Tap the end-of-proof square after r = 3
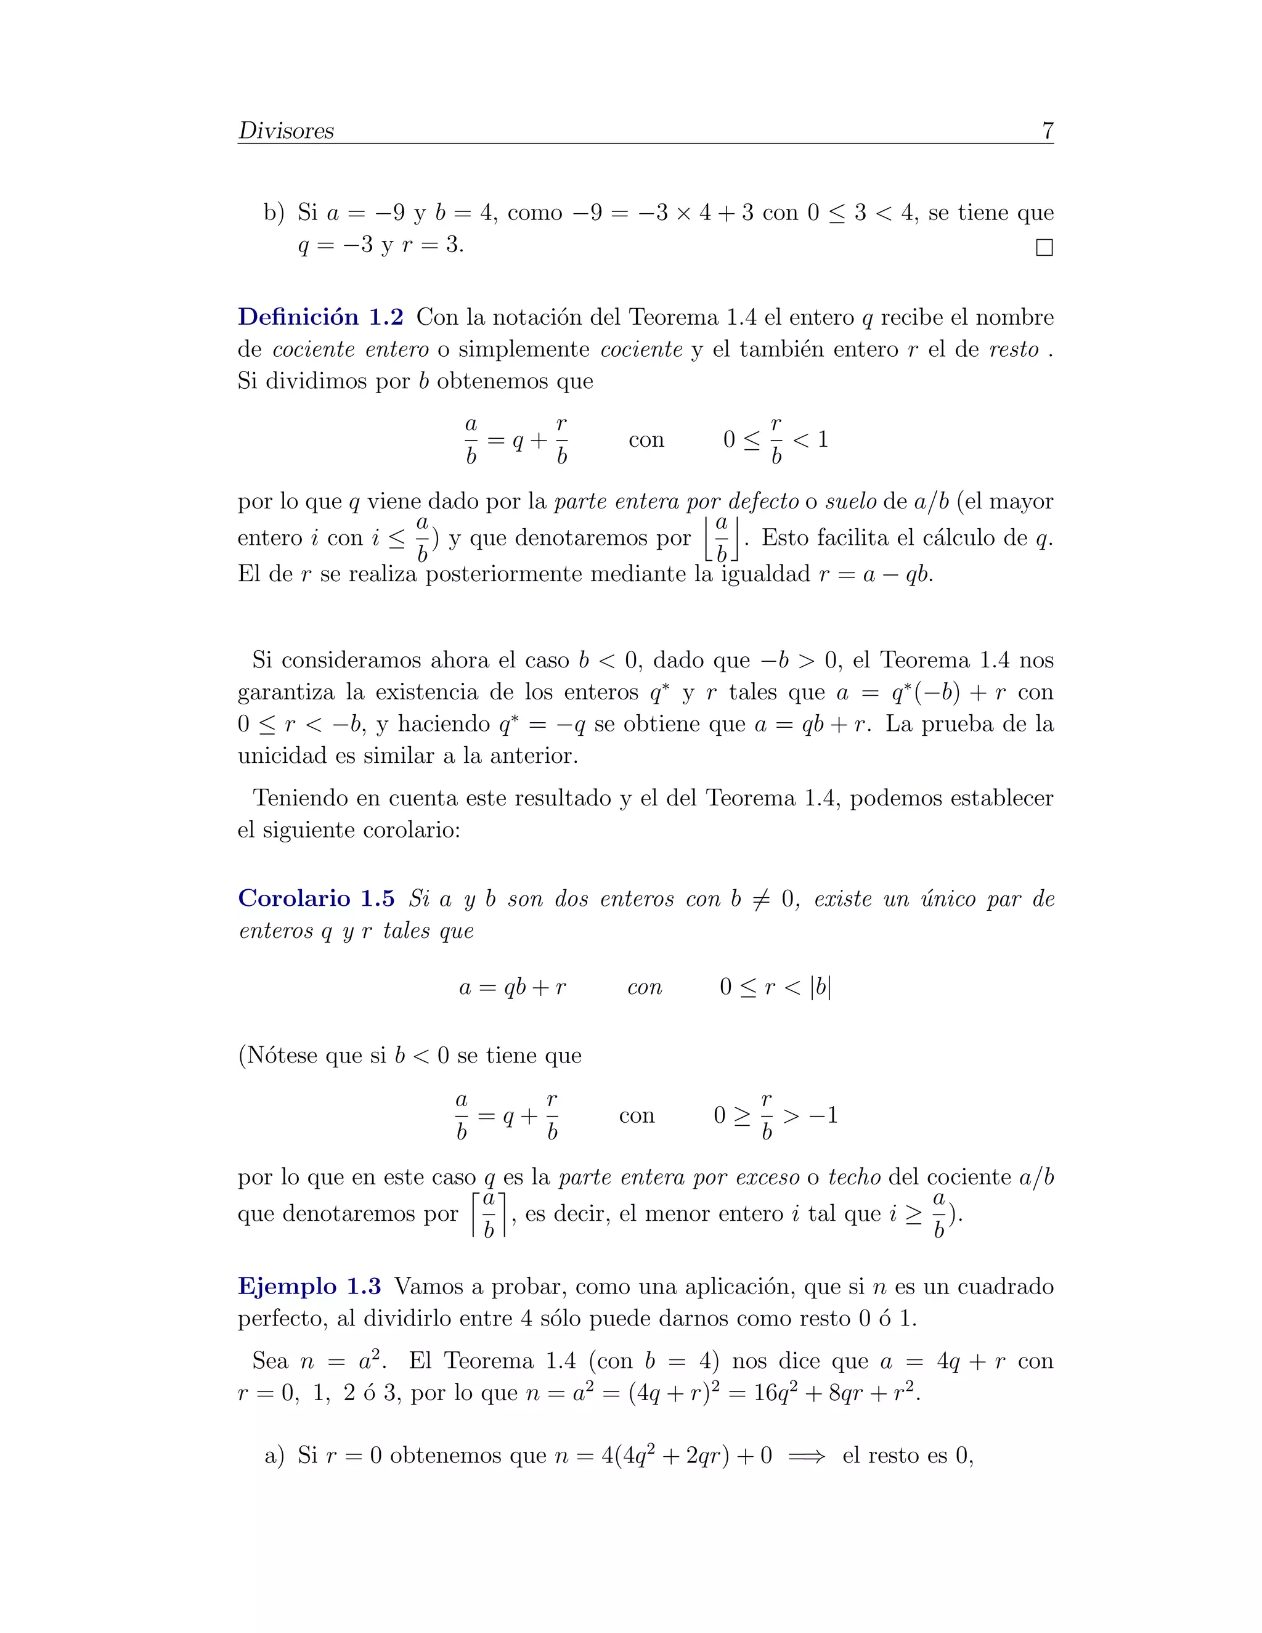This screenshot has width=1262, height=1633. (x=1044, y=248)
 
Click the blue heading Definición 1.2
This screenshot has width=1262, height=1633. (x=320, y=317)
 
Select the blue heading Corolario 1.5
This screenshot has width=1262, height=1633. (x=315, y=898)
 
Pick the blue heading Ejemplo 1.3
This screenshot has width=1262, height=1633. (x=309, y=1286)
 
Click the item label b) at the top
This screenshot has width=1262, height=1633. (x=274, y=213)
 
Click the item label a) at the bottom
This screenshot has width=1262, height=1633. (x=274, y=1455)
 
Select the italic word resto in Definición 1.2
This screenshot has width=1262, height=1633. (x=1014, y=349)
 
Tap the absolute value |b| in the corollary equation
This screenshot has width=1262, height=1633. (x=820, y=987)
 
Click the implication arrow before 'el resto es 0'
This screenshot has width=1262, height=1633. (x=807, y=1456)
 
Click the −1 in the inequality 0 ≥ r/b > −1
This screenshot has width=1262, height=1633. (x=823, y=1115)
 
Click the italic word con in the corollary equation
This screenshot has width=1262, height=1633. (x=645, y=988)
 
